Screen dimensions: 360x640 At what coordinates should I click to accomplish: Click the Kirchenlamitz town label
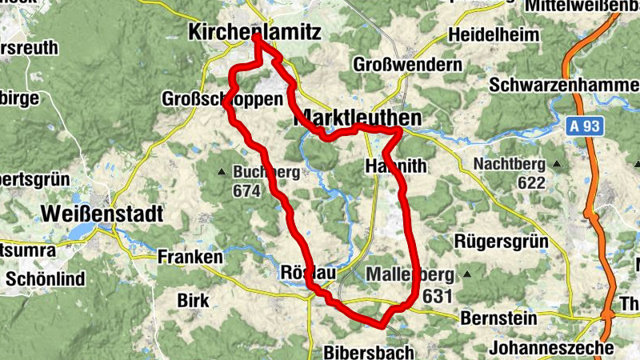(254, 33)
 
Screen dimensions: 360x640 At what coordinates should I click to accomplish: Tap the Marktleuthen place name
(358, 118)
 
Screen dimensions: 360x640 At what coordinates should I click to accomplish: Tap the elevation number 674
(247, 191)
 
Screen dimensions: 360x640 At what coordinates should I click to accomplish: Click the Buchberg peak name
(266, 172)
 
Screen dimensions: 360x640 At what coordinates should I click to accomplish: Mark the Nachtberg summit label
(509, 164)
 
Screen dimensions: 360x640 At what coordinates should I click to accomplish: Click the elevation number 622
(531, 182)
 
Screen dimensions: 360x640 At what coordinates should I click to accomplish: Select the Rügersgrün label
(500, 241)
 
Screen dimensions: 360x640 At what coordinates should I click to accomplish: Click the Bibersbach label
(370, 351)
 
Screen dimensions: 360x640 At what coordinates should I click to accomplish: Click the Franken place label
(190, 257)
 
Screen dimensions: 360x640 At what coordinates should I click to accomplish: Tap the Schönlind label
(41, 279)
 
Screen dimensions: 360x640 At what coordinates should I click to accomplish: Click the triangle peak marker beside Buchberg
(222, 172)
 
